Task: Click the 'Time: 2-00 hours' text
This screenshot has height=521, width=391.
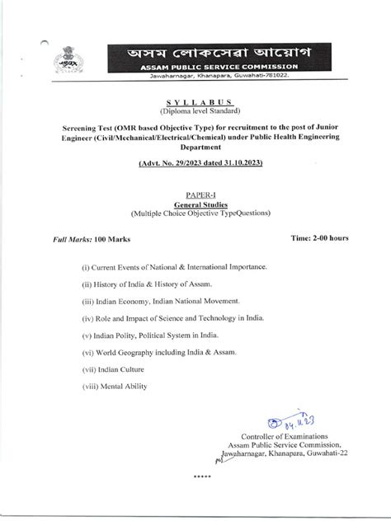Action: (319, 237)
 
